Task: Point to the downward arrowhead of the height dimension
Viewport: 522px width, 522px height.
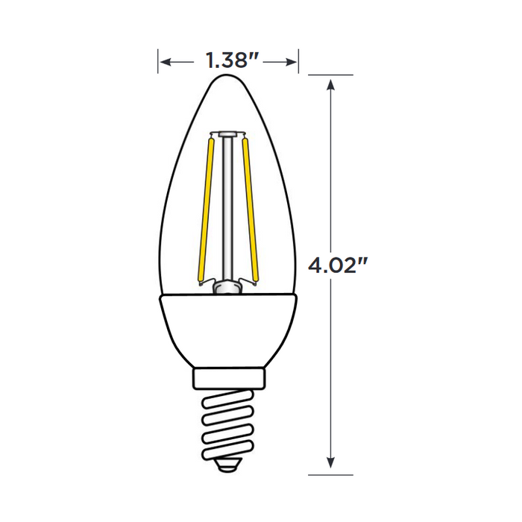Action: click(331, 465)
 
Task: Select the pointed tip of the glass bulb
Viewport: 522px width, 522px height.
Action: click(227, 77)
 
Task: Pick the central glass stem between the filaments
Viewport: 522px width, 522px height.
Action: click(227, 209)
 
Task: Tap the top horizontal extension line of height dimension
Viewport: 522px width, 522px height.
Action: click(331, 75)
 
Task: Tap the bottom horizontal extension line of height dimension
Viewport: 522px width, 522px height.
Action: click(331, 474)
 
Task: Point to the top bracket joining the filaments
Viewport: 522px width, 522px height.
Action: click(227, 134)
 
